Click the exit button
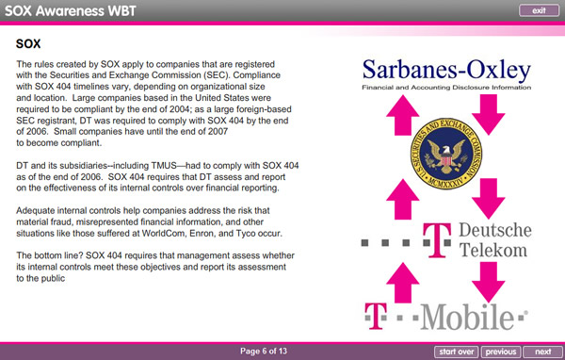[x=539, y=9]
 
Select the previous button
[x=499, y=352]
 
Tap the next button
[x=542, y=352]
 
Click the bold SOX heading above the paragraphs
[x=30, y=43]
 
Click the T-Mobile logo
[x=444, y=315]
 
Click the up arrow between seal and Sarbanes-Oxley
[x=400, y=118]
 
